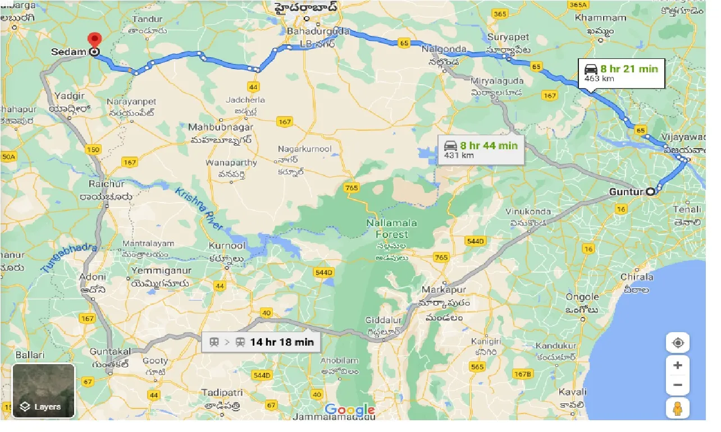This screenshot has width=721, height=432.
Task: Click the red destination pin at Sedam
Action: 94,40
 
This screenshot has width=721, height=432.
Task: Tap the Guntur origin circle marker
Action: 650,192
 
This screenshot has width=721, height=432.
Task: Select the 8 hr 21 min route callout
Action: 622,73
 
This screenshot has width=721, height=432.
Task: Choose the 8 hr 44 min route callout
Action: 481,150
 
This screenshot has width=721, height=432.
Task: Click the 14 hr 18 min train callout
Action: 261,342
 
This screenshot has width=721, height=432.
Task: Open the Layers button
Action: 44,391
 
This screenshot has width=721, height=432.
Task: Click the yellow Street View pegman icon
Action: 678,408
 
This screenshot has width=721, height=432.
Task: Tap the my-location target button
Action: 678,343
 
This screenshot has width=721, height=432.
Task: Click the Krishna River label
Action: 199,208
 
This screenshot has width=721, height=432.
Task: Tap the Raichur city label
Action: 106,184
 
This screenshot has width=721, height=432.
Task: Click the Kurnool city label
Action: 227,246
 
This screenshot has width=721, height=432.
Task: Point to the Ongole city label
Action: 582,297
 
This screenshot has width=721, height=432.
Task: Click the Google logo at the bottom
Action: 349,410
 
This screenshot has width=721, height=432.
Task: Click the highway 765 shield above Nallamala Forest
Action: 352,187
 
